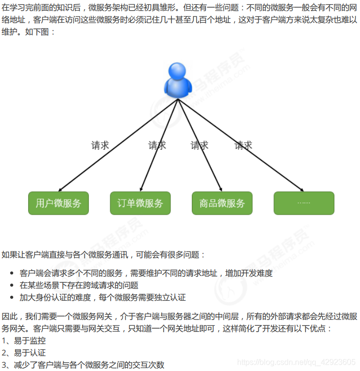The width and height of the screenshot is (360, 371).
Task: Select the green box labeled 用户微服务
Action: (58, 203)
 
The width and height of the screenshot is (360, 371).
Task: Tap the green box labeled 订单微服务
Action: (140, 203)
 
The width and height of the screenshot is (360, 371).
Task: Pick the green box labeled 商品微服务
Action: (222, 203)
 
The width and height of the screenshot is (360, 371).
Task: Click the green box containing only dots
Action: (304, 203)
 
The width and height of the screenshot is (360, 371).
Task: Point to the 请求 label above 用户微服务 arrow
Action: (100, 145)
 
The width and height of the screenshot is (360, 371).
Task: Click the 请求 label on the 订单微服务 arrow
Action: (157, 145)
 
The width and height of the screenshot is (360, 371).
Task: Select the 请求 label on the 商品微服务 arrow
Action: (199, 145)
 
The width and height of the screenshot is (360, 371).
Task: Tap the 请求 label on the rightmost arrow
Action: (243, 145)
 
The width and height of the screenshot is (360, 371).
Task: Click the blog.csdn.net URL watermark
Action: (298, 362)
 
